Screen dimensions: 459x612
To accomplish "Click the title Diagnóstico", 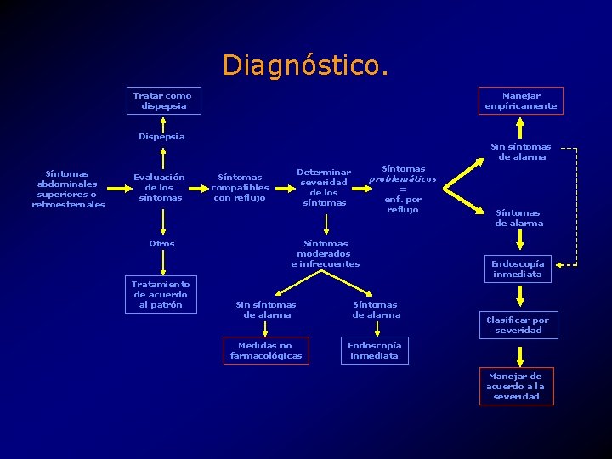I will pyautogui.click(x=305, y=65).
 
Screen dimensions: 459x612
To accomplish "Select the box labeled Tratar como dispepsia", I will pyautogui.click(x=161, y=101).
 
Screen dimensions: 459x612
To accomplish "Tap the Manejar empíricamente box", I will pyautogui.click(x=520, y=101).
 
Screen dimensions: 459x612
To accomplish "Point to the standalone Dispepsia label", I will pyautogui.click(x=161, y=136).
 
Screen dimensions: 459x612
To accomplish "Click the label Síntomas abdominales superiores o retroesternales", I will pyautogui.click(x=68, y=189).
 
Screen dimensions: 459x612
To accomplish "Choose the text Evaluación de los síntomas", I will pyautogui.click(x=159, y=187).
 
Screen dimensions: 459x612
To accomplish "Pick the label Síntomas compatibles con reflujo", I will pyautogui.click(x=240, y=188).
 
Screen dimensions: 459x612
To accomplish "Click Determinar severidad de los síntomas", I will pyautogui.click(x=324, y=187).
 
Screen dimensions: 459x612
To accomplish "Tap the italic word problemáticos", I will pyautogui.click(x=403, y=179).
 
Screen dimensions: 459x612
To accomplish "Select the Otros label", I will pyautogui.click(x=161, y=243).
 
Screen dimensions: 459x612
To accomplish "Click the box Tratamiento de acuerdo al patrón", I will pyautogui.click(x=161, y=294).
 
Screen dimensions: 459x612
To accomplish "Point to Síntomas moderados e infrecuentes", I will pyautogui.click(x=325, y=253).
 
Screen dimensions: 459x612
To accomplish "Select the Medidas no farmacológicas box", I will pyautogui.click(x=265, y=350).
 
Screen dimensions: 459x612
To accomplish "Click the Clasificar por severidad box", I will pyautogui.click(x=518, y=325).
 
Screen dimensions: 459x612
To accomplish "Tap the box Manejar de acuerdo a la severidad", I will pyautogui.click(x=516, y=386).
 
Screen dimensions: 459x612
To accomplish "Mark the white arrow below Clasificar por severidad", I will pyautogui.click(x=518, y=353).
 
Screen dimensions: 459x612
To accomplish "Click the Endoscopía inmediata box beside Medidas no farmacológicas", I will pyautogui.click(x=375, y=350).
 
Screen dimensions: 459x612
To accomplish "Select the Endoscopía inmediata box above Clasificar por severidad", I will pyautogui.click(x=518, y=269).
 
